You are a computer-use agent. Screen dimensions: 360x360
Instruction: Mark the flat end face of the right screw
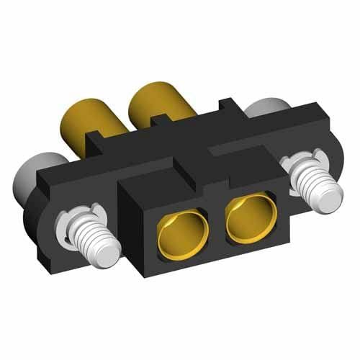point(329,199)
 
